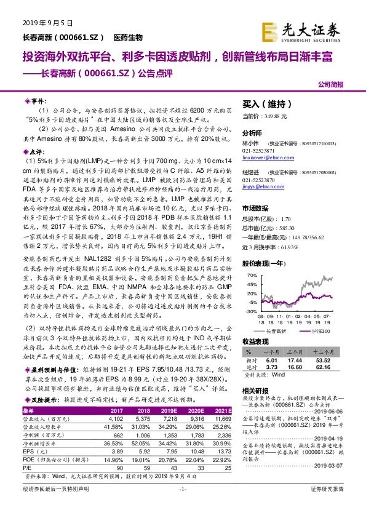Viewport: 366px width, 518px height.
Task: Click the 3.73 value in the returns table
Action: (273, 367)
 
